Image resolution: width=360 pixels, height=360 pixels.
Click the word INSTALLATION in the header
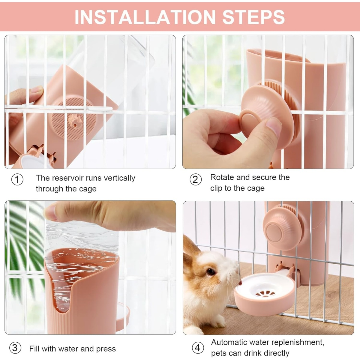145,17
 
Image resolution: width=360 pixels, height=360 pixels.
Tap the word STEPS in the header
253,17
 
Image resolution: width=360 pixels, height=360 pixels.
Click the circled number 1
17,179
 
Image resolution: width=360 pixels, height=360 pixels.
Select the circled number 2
196,179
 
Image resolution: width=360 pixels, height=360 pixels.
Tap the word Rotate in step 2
222,177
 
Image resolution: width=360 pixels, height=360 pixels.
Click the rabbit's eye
211,272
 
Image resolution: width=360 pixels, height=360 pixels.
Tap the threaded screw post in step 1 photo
74,121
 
